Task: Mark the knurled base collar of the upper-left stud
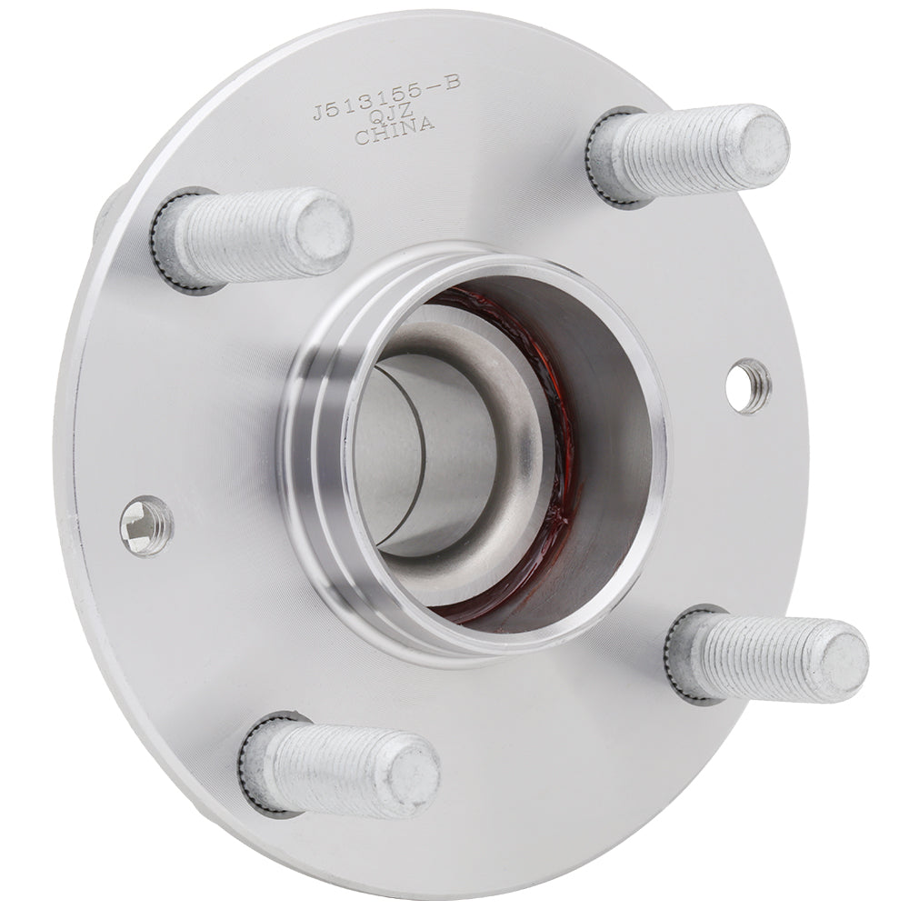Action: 169,244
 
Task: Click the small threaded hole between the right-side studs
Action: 749,385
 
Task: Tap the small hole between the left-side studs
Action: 146,525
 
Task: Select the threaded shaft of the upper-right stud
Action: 682,153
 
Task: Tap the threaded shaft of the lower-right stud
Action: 759,656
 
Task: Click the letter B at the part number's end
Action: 452,82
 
